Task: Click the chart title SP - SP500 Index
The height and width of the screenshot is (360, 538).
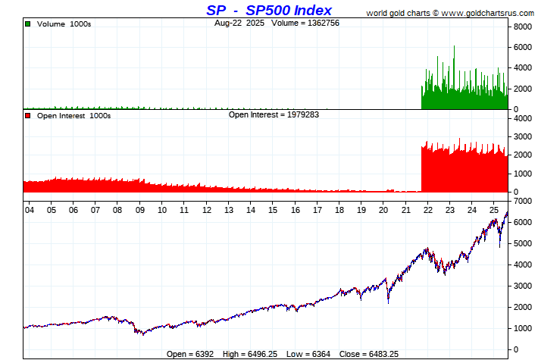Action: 269,11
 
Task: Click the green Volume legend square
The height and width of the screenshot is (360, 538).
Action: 27,24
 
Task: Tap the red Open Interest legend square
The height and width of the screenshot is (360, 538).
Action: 27,116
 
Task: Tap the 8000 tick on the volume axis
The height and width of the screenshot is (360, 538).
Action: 523,26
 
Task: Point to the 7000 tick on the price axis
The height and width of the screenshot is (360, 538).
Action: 523,202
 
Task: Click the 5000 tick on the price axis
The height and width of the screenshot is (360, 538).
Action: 523,244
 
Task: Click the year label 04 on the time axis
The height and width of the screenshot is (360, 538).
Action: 28,210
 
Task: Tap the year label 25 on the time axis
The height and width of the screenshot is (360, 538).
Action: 494,210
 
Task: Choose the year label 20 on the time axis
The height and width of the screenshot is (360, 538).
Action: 383,210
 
